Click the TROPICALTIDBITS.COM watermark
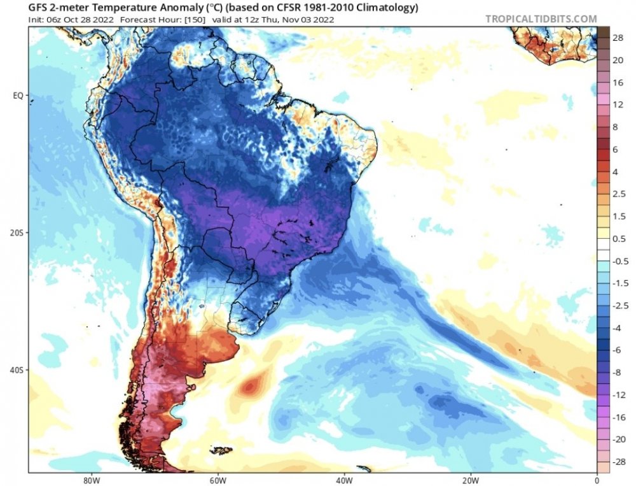[541, 19]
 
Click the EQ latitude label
[18, 96]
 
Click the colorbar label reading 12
[618, 104]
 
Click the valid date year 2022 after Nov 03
[323, 19]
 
